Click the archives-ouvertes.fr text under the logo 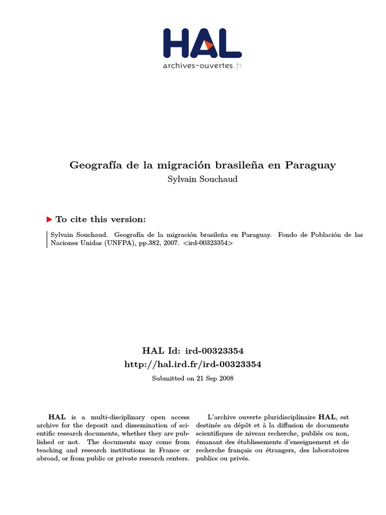point(202,65)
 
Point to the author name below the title point(202,180)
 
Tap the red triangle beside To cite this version point(49,219)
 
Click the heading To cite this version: point(101,219)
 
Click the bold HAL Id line point(193,351)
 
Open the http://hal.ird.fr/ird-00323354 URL point(193,364)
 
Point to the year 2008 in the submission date point(226,378)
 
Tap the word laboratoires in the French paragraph point(330,450)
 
